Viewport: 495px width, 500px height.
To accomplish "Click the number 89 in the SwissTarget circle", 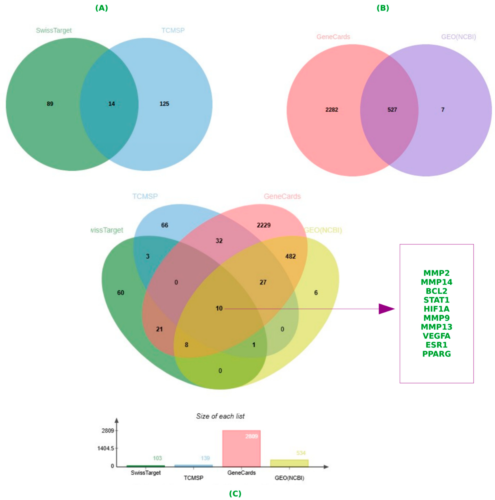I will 50,104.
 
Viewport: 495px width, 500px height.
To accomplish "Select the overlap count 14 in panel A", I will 112,104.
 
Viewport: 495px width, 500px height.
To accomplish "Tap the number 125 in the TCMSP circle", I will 164,104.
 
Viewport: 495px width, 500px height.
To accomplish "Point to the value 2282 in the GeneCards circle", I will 332,110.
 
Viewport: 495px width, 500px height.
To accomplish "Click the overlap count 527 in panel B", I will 392,110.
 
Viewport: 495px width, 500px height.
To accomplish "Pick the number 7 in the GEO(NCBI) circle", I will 443,110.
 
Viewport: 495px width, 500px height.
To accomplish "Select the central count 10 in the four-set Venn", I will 219,308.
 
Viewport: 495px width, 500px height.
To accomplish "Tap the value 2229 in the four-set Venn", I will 264,225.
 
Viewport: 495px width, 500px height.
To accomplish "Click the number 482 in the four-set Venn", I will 290,256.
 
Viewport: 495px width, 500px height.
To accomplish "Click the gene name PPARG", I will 436,354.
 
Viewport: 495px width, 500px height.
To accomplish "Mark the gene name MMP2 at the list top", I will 436,273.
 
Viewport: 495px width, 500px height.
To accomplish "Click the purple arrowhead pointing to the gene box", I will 386,309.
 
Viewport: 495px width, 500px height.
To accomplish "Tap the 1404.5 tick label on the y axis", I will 106,448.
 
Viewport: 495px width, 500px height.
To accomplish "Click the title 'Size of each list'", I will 220,416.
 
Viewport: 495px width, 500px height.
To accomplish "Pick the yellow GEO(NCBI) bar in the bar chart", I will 289,463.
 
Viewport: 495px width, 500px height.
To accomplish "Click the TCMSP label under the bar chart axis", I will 193,478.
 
